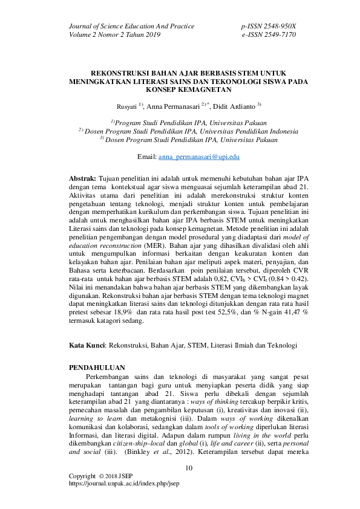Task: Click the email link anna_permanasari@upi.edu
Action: coord(200,157)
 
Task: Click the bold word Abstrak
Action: coord(83,180)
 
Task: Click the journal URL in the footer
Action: coord(125,484)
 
